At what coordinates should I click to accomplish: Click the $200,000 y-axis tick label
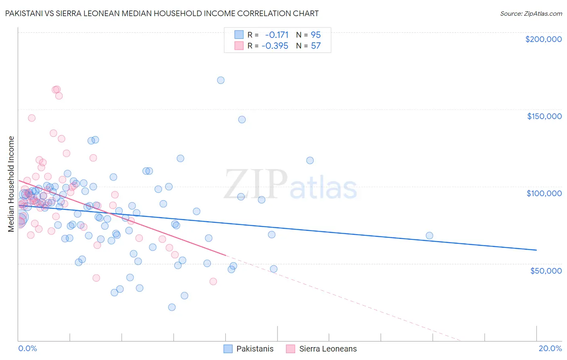[543, 39]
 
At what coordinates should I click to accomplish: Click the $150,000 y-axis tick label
[544, 116]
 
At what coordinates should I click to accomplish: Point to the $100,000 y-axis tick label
[544, 193]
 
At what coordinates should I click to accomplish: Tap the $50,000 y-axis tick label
[546, 270]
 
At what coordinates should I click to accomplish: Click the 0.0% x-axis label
[27, 348]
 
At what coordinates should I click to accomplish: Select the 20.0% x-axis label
[550, 348]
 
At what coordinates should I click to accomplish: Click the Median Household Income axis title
[11, 184]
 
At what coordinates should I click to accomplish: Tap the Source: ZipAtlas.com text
[531, 13]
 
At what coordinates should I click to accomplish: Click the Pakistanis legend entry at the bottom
[254, 349]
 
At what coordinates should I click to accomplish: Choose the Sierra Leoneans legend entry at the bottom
[327, 349]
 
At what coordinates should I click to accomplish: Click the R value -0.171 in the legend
[277, 35]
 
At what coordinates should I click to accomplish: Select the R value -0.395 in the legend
[275, 46]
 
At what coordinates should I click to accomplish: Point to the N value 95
[316, 35]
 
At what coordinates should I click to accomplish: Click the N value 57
[316, 46]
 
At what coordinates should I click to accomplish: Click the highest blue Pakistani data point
[221, 80]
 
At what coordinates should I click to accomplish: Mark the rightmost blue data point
[429, 236]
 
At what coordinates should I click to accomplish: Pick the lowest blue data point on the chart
[172, 307]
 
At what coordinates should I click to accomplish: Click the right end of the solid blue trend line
[536, 250]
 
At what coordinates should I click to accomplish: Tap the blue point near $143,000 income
[242, 119]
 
